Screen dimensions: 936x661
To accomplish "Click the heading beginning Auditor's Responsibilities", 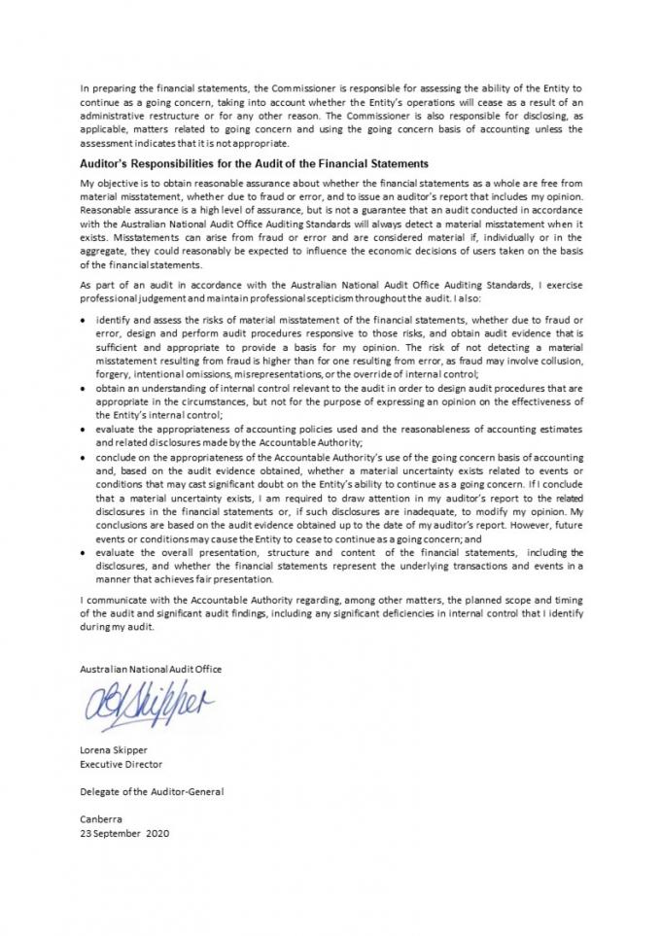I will pyautogui.click(x=254, y=163).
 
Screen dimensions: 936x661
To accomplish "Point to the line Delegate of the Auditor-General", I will pyautogui.click(x=152, y=791).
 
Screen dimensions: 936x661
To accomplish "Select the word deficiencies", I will pyautogui.click(x=423, y=613).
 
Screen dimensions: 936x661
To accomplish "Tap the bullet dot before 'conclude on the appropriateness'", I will pyautogui.click(x=86, y=456).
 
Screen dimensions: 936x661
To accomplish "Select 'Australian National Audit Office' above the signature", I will pyautogui.click(x=151, y=669).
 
